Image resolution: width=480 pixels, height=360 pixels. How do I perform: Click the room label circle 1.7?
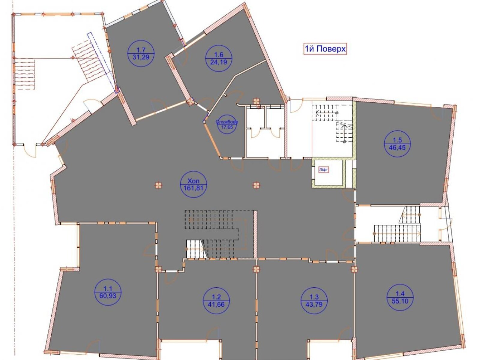(141, 53)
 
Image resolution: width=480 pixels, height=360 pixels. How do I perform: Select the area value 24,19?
(219, 62)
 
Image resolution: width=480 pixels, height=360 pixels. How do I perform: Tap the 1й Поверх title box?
(325, 49)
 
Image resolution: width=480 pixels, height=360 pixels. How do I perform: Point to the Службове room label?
(227, 122)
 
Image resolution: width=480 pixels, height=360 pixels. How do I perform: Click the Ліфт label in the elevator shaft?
(323, 169)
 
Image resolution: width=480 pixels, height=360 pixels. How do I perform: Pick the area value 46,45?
(397, 148)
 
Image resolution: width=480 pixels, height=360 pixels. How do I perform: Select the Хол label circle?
(193, 184)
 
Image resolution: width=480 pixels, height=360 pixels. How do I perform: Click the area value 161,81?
(193, 188)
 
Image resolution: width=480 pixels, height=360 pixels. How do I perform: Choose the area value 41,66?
(216, 304)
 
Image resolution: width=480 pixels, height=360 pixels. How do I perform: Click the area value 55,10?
(400, 301)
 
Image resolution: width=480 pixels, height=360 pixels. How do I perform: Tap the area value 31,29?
(141, 57)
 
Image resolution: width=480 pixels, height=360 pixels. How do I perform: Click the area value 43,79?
(314, 304)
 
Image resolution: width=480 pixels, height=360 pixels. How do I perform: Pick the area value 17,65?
(227, 127)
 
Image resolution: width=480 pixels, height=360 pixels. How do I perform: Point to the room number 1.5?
(397, 140)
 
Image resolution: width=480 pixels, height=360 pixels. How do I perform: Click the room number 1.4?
(400, 294)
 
